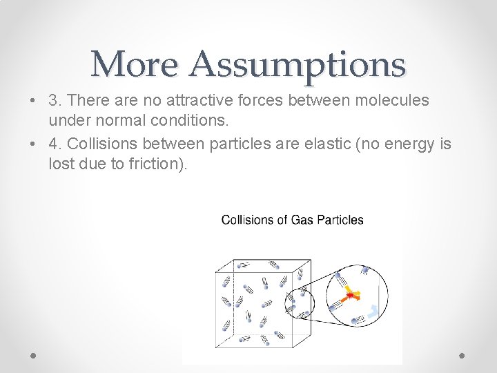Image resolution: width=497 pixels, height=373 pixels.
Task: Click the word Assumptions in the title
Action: [x=298, y=64]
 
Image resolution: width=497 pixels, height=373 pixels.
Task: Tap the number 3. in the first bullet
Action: [x=55, y=100]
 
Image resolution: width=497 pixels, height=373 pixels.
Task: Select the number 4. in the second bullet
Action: [x=55, y=144]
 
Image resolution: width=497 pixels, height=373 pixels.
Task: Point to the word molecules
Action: [x=391, y=100]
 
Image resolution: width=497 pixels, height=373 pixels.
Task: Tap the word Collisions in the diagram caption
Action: [x=245, y=220]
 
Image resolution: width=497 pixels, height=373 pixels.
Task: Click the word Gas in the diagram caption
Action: [x=302, y=220]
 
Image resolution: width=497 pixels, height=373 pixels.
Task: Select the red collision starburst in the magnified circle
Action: [x=352, y=296]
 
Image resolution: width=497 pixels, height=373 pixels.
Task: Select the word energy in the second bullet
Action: [x=413, y=144]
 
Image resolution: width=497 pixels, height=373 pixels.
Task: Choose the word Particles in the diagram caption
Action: [x=339, y=220]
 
